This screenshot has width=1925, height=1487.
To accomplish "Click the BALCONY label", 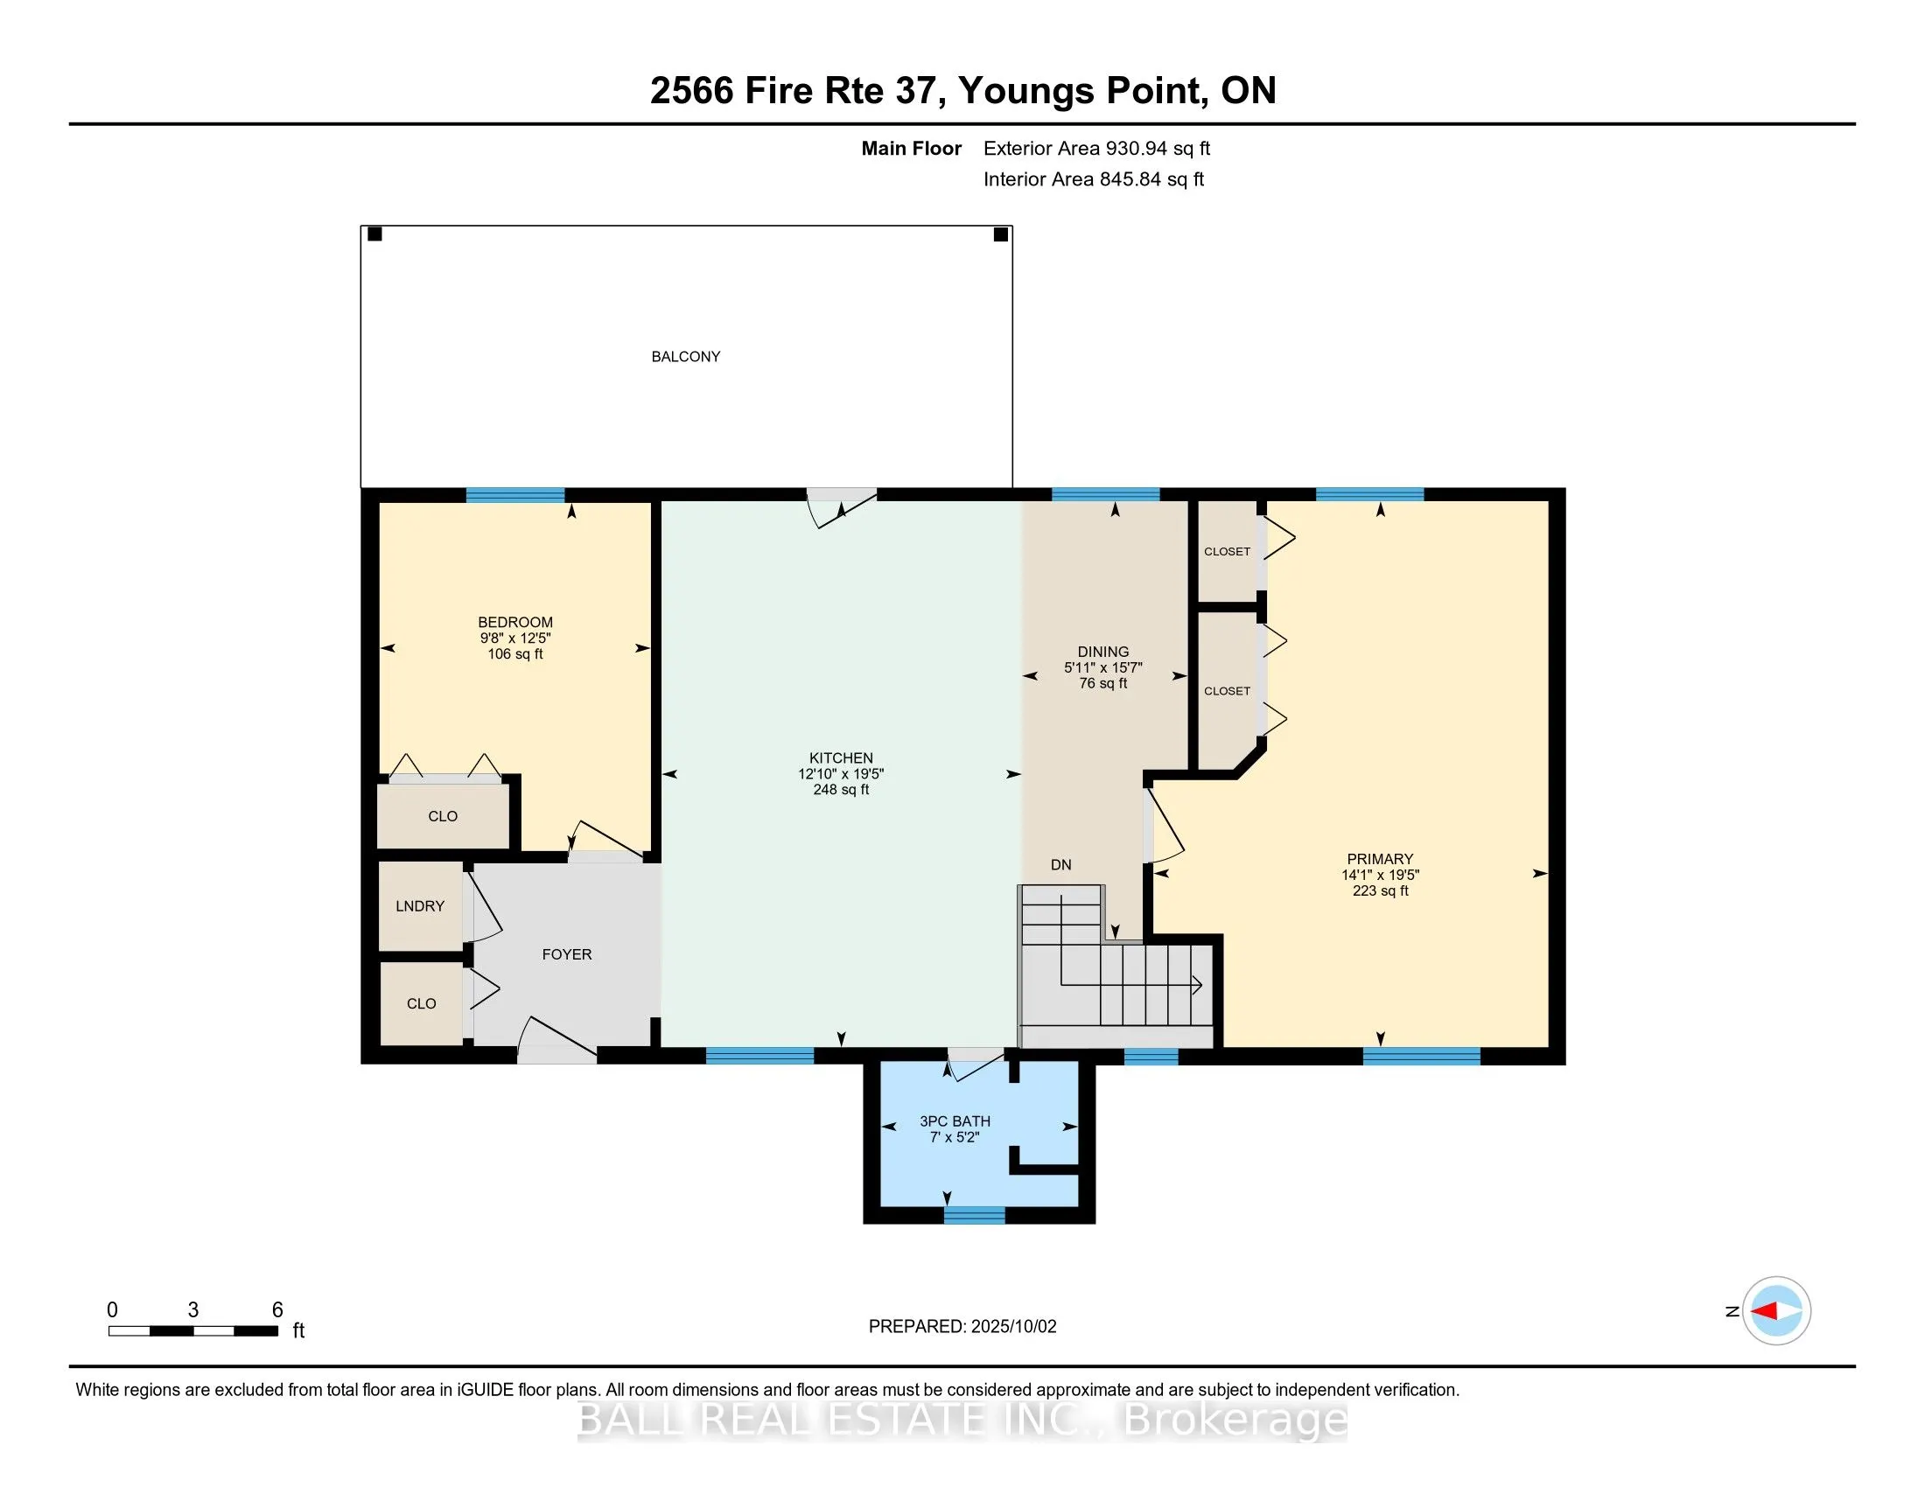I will point(685,357).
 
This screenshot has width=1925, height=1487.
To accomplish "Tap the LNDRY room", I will point(419,905).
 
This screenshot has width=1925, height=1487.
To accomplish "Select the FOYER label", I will point(566,954).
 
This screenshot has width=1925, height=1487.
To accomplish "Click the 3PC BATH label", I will point(955,1121).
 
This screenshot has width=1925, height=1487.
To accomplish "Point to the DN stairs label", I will point(1060,865).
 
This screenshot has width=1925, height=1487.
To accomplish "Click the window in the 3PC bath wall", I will point(974,1215).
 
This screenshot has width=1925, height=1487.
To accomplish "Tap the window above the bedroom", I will point(514,494).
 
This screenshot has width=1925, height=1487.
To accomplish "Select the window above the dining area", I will point(1105,494).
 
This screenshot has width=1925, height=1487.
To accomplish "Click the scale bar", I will point(193,1331).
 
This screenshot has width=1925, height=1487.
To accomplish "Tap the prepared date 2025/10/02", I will point(1011,1327).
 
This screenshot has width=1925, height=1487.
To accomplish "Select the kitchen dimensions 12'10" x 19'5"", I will point(841,774).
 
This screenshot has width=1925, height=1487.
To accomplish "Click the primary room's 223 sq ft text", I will point(1379,890).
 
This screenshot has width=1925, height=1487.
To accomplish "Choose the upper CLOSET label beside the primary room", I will point(1227,551).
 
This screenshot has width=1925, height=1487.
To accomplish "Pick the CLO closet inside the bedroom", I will point(443,817).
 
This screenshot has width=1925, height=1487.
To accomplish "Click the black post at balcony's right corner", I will point(1000,234).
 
